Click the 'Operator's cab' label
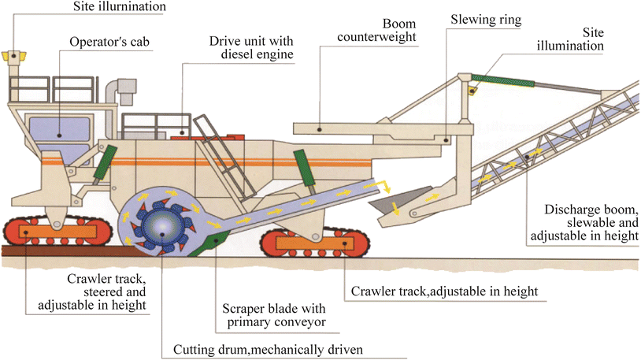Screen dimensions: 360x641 click(x=107, y=41)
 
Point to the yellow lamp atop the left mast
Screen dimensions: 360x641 click(x=13, y=56)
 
